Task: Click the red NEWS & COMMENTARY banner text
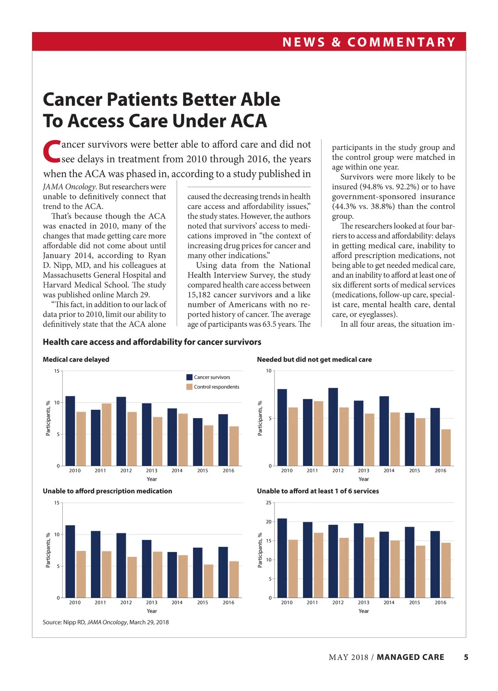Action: [369, 42]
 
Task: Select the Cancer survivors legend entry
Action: [212, 377]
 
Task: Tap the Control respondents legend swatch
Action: [190, 387]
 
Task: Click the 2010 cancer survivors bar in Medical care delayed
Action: [70, 431]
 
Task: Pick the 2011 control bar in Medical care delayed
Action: [107, 434]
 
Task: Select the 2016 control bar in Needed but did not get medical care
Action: [446, 448]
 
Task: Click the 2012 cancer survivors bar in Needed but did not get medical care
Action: [333, 427]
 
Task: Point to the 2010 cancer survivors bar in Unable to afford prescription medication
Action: [70, 561]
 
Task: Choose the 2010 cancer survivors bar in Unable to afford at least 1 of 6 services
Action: [282, 558]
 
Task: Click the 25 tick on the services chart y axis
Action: [269, 503]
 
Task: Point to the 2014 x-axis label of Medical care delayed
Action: [177, 470]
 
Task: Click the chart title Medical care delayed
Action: [76, 360]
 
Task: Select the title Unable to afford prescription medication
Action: [107, 491]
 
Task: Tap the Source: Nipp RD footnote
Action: [105, 622]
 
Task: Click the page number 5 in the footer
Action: [466, 657]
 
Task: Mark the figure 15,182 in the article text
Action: [201, 295]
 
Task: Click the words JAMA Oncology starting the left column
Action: [69, 187]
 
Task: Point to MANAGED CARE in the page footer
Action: [410, 657]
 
